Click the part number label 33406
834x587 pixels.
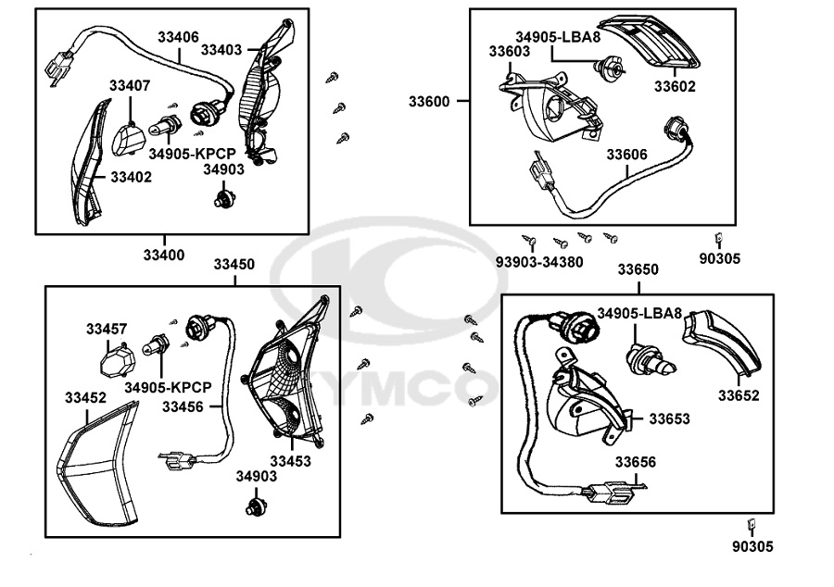(178, 37)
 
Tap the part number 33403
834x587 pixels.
(221, 50)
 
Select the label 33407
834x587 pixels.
(130, 85)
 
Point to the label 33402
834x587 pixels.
(131, 176)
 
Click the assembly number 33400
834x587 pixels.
(163, 255)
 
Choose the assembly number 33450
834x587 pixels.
(234, 265)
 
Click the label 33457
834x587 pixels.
(107, 329)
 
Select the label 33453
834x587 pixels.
(290, 460)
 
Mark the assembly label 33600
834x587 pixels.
(429, 102)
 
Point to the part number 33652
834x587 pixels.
(739, 395)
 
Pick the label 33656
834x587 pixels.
(636, 462)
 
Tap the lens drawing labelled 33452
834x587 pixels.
(94, 463)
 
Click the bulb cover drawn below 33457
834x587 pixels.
(116, 357)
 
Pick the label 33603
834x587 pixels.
(510, 52)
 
